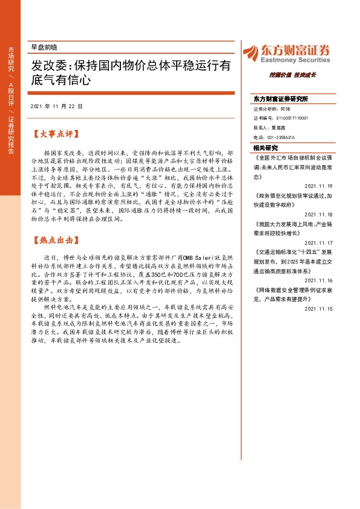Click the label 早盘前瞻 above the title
44,47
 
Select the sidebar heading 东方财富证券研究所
280,98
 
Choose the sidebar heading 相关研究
266,148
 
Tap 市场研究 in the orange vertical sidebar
11,60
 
